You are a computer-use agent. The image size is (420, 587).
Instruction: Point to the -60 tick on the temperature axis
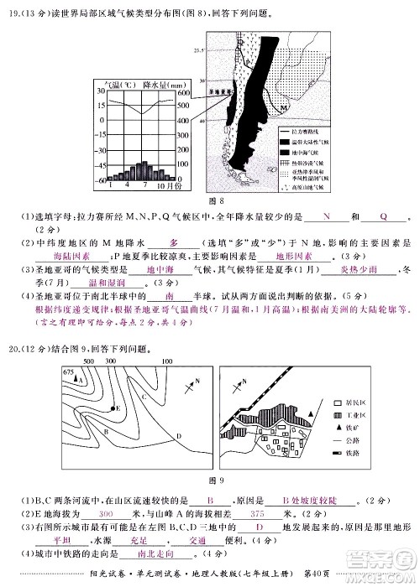[x=101, y=180]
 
